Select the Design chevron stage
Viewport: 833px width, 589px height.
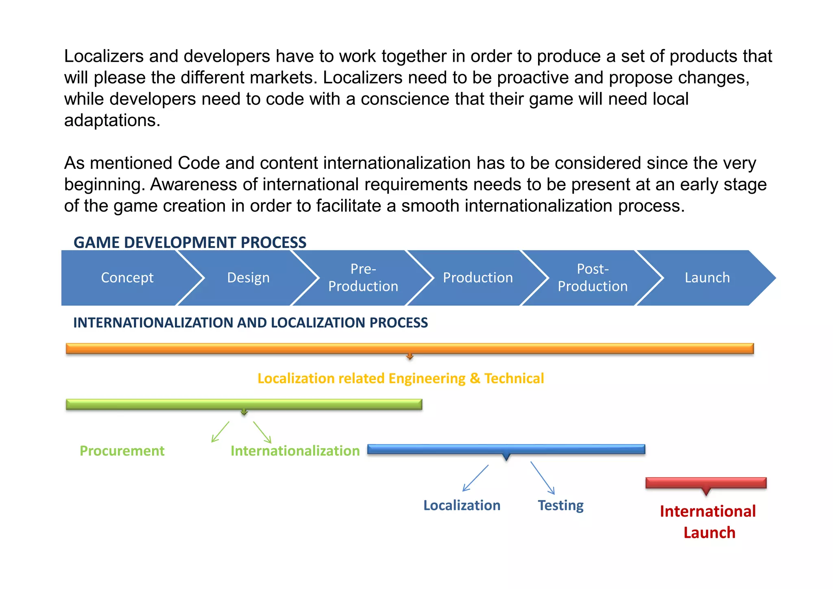click(248, 278)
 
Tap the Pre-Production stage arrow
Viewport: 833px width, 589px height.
click(363, 278)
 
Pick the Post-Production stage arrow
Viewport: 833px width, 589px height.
click(592, 278)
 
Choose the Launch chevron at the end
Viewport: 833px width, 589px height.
click(707, 278)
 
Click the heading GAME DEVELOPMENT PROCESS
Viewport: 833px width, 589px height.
click(190, 242)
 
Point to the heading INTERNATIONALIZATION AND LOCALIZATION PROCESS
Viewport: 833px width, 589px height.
click(250, 323)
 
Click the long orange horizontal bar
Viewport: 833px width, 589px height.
click(410, 349)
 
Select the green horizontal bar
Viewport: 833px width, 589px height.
click(244, 404)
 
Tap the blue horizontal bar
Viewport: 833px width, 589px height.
click(506, 449)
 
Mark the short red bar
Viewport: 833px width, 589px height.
click(706, 483)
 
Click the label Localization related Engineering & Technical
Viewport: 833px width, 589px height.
click(401, 378)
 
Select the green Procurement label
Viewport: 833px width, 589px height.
click(122, 451)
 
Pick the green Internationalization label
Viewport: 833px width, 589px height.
click(295, 451)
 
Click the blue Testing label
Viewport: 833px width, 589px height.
click(560, 505)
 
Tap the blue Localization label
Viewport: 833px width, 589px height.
click(462, 505)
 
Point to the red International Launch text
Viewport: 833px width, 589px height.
click(708, 522)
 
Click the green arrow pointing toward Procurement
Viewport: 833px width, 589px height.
click(220, 432)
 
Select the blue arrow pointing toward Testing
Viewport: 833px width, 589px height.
click(543, 478)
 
